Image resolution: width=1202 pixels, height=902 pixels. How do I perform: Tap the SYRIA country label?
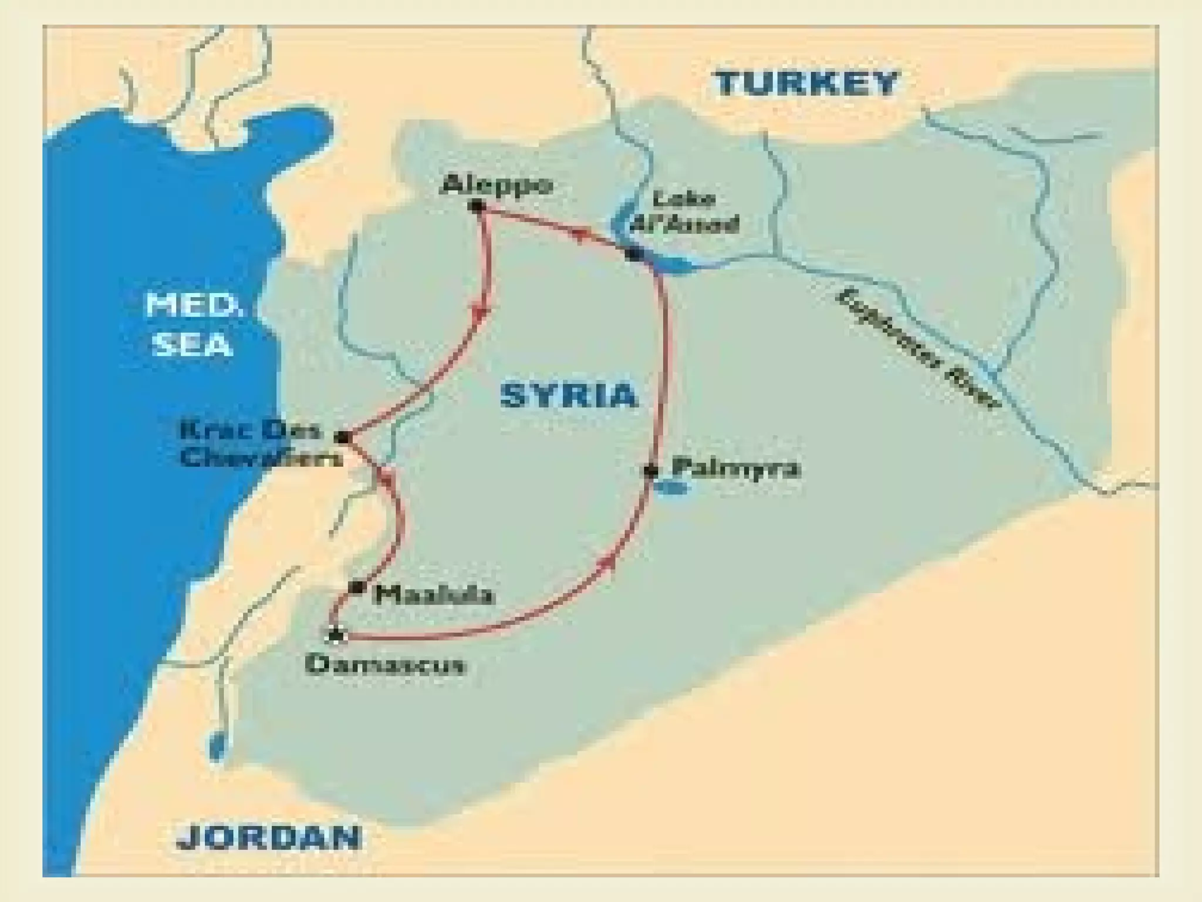[x=568, y=395]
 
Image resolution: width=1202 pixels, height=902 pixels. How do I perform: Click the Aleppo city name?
[x=497, y=186]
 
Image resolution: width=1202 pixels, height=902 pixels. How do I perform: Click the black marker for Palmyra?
[x=650, y=471]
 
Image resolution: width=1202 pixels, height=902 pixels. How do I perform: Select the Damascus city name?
[x=386, y=665]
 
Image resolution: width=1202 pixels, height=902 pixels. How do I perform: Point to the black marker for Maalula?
[x=356, y=587]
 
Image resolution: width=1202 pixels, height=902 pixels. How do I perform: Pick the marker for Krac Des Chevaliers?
[x=343, y=437]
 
